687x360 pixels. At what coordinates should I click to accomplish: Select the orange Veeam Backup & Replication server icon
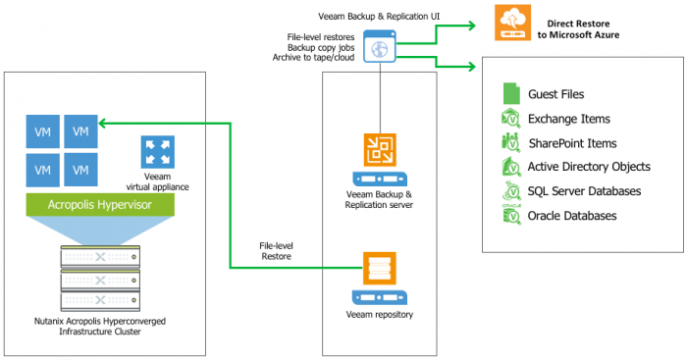pos(379,149)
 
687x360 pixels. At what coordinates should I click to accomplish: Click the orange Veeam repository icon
pos(379,268)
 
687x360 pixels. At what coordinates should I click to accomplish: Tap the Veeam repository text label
pos(380,314)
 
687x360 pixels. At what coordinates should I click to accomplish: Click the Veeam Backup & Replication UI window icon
pos(380,46)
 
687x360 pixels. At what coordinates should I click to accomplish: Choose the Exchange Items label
pos(569,119)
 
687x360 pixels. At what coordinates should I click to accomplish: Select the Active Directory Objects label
pos(589,167)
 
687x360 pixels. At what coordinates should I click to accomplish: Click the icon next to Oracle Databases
pos(510,214)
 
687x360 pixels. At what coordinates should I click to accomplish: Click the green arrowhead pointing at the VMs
pos(105,124)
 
